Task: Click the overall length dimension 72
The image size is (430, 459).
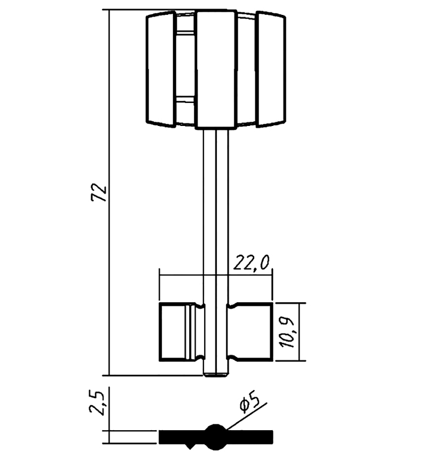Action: [x=99, y=193]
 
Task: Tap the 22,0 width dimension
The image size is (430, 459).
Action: [x=251, y=263]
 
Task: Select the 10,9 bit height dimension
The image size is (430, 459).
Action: [x=287, y=333]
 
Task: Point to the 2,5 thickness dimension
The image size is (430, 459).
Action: [x=97, y=403]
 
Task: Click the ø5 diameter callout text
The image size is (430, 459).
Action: [x=250, y=401]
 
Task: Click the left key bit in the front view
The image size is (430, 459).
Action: [x=182, y=331]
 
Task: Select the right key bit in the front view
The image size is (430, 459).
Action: [x=250, y=331]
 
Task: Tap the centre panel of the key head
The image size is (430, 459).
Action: [x=216, y=69]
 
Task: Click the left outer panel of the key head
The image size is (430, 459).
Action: [x=161, y=69]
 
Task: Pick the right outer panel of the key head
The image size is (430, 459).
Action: [x=271, y=69]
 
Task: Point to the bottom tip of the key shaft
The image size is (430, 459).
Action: [x=216, y=376]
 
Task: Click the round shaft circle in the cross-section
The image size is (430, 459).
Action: [x=216, y=437]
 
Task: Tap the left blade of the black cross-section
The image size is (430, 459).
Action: [x=182, y=437]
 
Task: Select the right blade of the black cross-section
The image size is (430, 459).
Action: [x=250, y=437]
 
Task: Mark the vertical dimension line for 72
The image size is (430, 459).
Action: [x=110, y=192]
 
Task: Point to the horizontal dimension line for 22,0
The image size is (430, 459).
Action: [x=216, y=275]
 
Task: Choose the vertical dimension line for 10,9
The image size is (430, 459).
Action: [x=299, y=332]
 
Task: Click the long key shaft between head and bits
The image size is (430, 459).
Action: [x=216, y=217]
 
